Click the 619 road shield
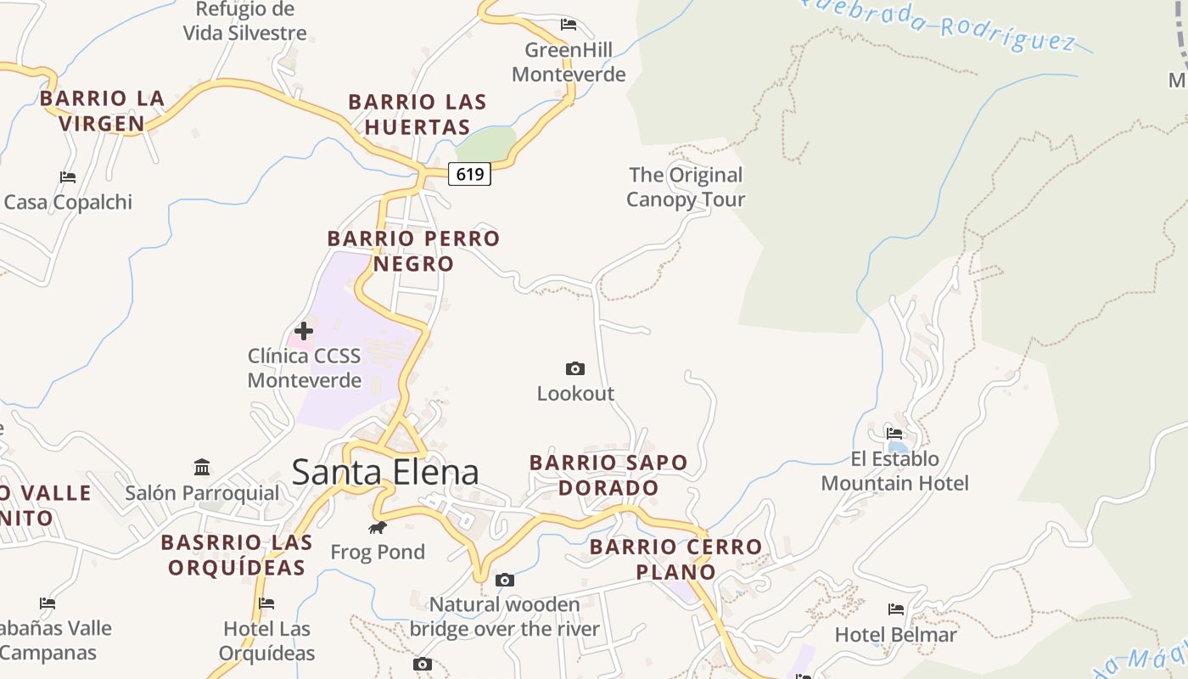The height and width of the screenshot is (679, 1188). coord(469,175)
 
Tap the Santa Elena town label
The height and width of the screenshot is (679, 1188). coord(385,472)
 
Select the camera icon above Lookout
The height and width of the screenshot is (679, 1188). coord(575,368)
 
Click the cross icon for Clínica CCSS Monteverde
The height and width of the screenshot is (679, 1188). coord(304,331)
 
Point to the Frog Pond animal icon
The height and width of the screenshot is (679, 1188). coord(378,528)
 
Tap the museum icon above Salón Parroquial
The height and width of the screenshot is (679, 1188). coord(202,468)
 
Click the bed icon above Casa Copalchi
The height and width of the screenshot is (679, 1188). coord(68,177)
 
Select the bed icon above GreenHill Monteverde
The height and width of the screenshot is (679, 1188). coord(569,25)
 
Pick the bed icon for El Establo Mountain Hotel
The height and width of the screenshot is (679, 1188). coord(894,434)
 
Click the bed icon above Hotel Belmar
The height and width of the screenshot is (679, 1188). coord(895,609)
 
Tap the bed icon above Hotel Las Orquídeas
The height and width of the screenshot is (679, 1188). coord(266,604)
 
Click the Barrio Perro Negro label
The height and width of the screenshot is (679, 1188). coord(414,251)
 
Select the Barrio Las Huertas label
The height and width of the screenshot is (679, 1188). coord(417,115)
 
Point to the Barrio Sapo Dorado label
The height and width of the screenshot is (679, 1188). coord(608,475)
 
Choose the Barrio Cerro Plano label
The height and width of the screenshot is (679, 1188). coord(676,559)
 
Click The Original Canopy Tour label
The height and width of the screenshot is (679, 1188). coord(686,188)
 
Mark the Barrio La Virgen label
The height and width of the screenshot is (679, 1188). coord(102,111)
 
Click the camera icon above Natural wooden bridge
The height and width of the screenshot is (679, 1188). coord(505,581)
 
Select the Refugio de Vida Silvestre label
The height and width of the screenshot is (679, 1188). coord(245,21)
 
